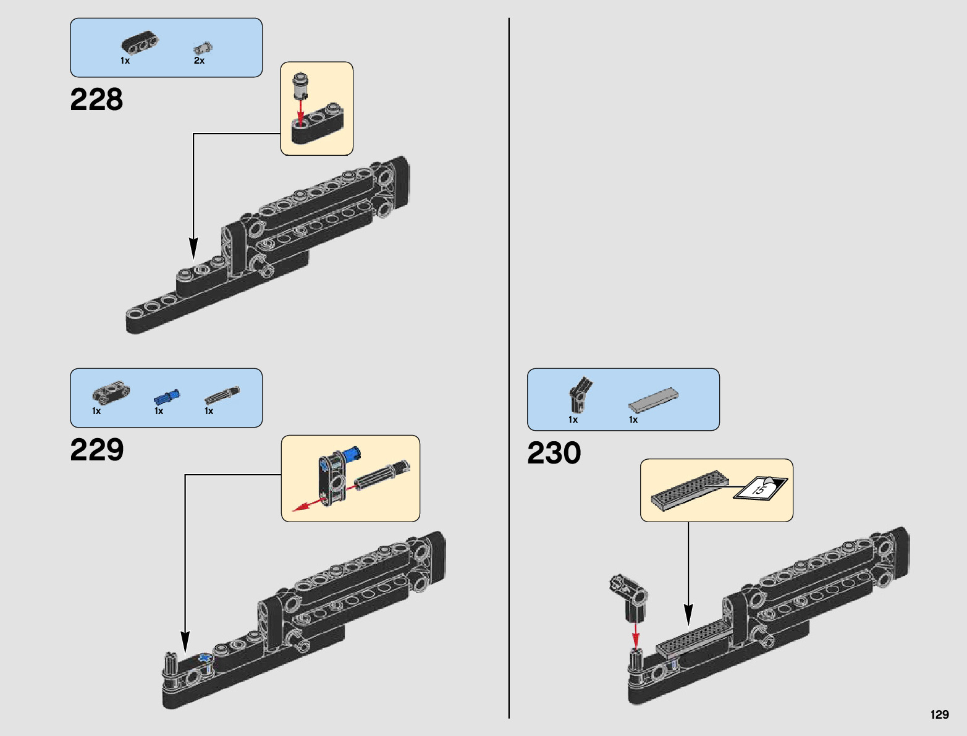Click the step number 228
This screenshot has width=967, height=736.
coord(96,99)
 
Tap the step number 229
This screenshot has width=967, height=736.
coord(97,450)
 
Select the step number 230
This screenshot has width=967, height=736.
coord(554,453)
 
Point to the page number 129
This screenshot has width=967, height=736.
coord(940,714)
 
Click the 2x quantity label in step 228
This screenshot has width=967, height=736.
coord(199,61)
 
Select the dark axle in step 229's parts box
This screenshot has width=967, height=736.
coord(222,395)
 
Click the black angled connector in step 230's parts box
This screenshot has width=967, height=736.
coord(581,395)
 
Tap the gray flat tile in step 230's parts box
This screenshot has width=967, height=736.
coord(653,399)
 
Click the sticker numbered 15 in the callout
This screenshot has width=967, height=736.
coord(760,488)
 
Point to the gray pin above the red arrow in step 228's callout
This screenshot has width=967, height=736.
coord(300,85)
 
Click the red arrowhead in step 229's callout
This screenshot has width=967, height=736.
coord(300,509)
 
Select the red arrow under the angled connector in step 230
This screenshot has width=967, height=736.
coord(636,635)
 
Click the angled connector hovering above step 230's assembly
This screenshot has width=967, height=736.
coord(628,598)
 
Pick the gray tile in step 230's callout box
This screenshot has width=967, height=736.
coord(690,491)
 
